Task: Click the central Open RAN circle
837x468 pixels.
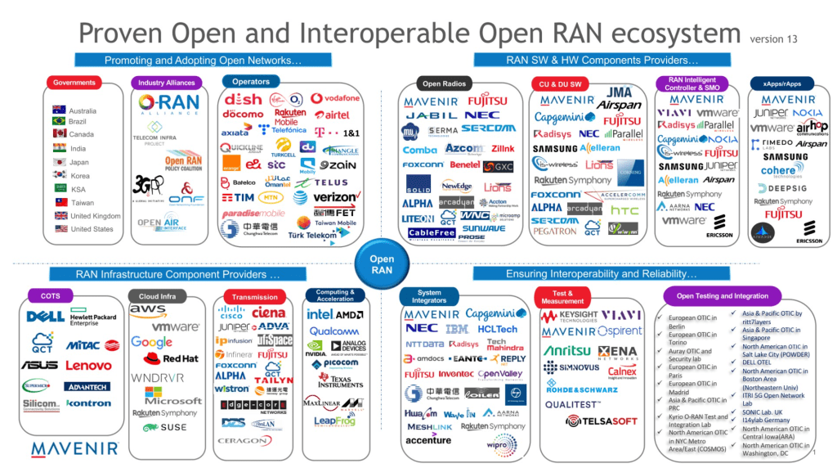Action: point(382,264)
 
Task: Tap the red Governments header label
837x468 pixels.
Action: point(75,83)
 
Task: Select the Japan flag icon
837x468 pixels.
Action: point(59,162)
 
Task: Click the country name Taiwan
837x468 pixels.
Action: point(83,203)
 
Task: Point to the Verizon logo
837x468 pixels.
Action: point(335,197)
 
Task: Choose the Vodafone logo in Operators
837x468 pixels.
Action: point(335,98)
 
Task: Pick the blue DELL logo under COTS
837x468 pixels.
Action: point(44,317)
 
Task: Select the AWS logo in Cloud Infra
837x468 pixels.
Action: point(148,312)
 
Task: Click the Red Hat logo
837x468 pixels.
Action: point(172,358)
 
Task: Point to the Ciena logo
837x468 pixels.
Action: point(269,313)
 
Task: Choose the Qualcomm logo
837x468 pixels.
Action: point(334,331)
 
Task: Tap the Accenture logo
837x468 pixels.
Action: point(428,439)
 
